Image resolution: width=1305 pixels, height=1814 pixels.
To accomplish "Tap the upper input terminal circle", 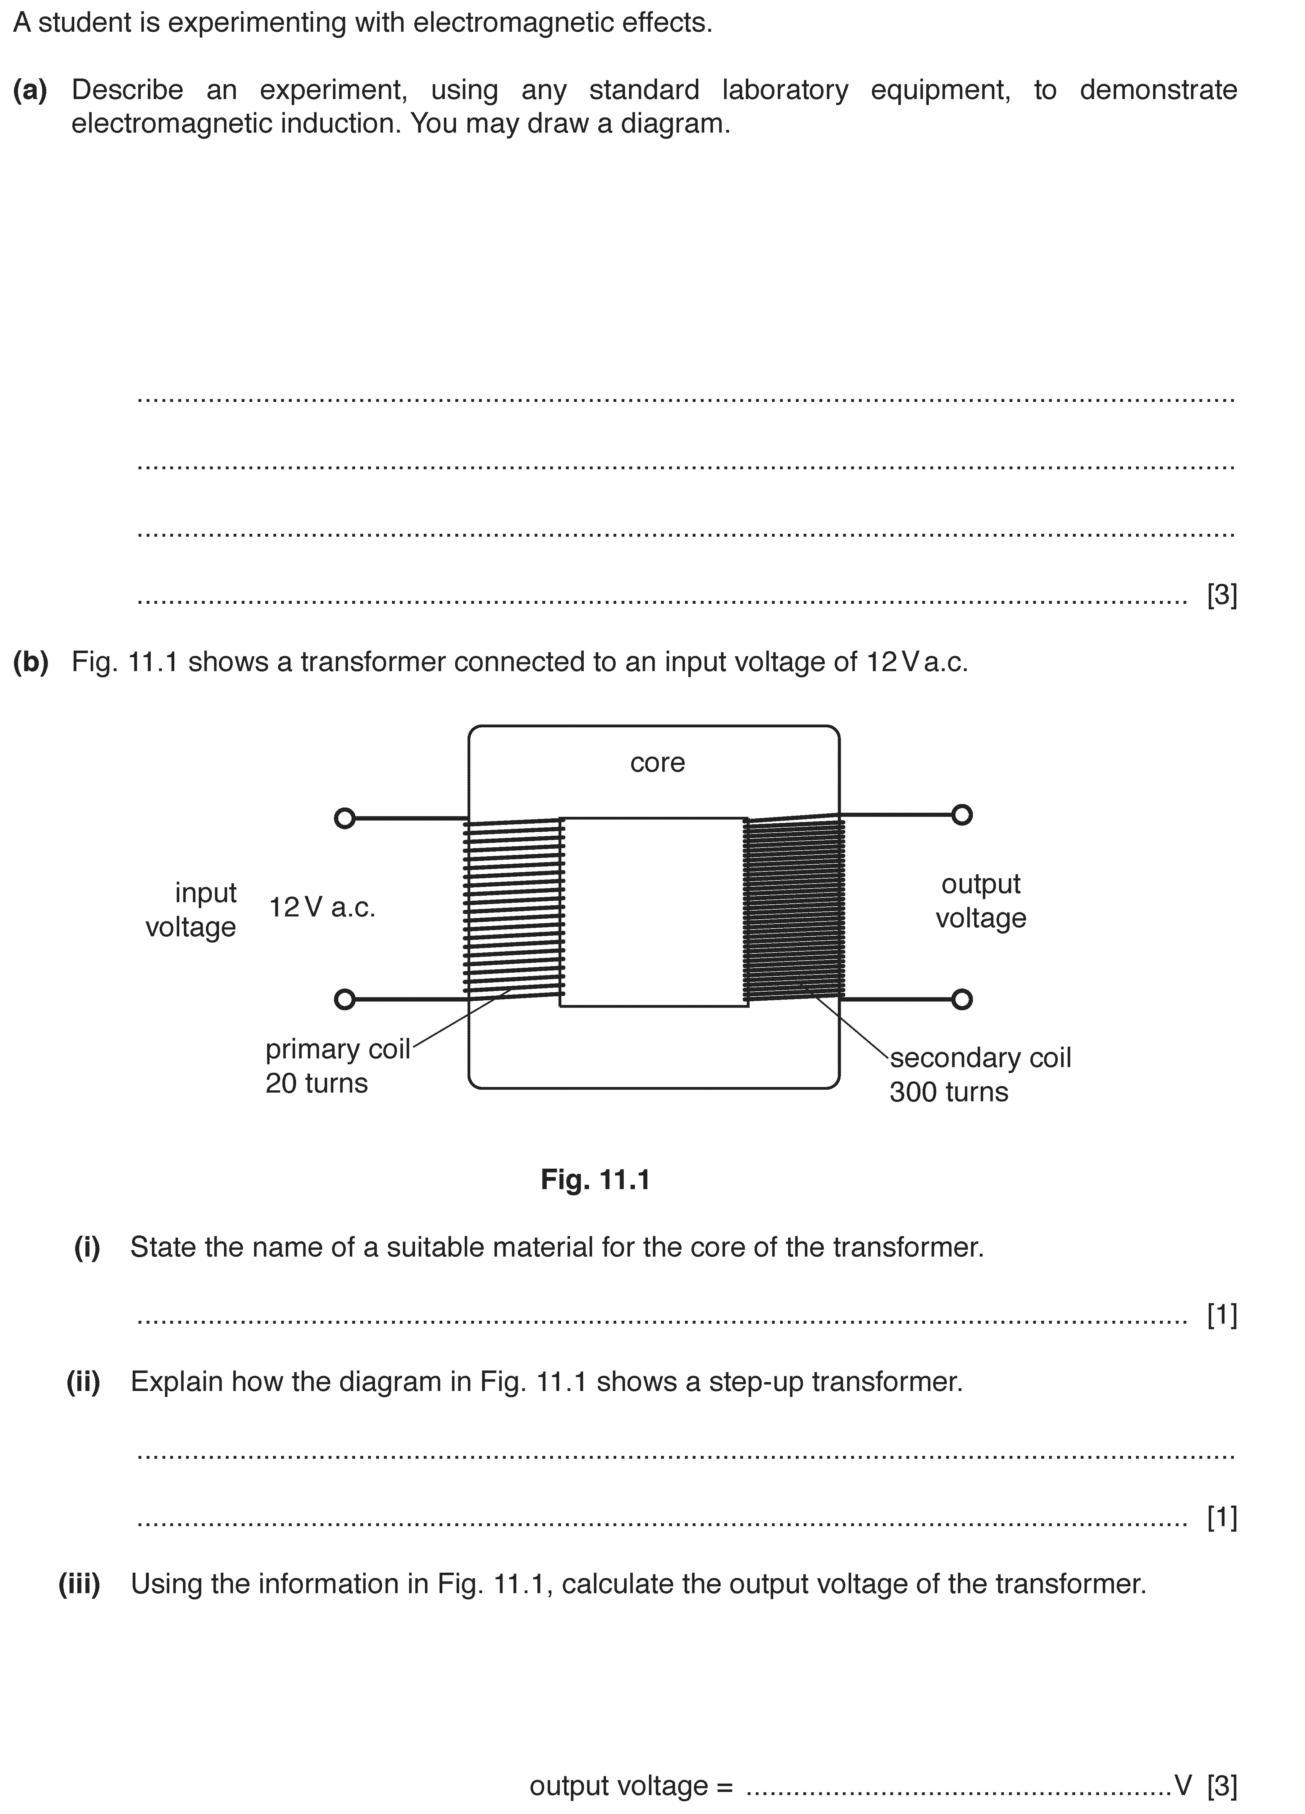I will [344, 818].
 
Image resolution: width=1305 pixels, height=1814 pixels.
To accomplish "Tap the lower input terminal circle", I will [344, 999].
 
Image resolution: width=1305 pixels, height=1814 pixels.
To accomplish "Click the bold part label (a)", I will [30, 89].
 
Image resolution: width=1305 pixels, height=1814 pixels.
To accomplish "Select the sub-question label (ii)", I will [83, 1382].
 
